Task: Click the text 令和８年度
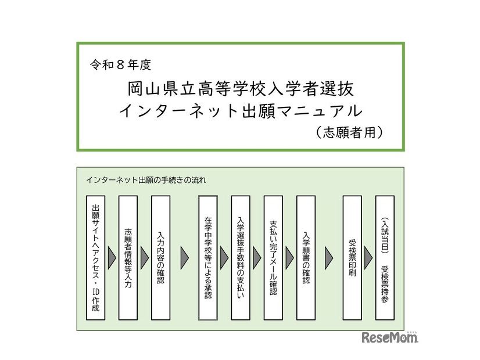pyautogui.click(x=121, y=65)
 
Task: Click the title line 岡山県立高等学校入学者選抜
pyautogui.click(x=240, y=89)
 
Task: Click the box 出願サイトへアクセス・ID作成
pyautogui.click(x=95, y=257)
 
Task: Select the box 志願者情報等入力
pyautogui.click(x=128, y=257)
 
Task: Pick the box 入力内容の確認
pyautogui.click(x=160, y=257)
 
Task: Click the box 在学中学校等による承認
pyautogui.click(x=208, y=257)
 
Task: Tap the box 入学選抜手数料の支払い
pyautogui.click(x=241, y=257)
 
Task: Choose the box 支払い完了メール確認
pyautogui.click(x=273, y=257)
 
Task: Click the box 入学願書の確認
pyautogui.click(x=306, y=257)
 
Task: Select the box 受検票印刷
pyautogui.click(x=352, y=257)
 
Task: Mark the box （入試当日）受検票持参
pyautogui.click(x=385, y=257)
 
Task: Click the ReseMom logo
pyautogui.click(x=390, y=338)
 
